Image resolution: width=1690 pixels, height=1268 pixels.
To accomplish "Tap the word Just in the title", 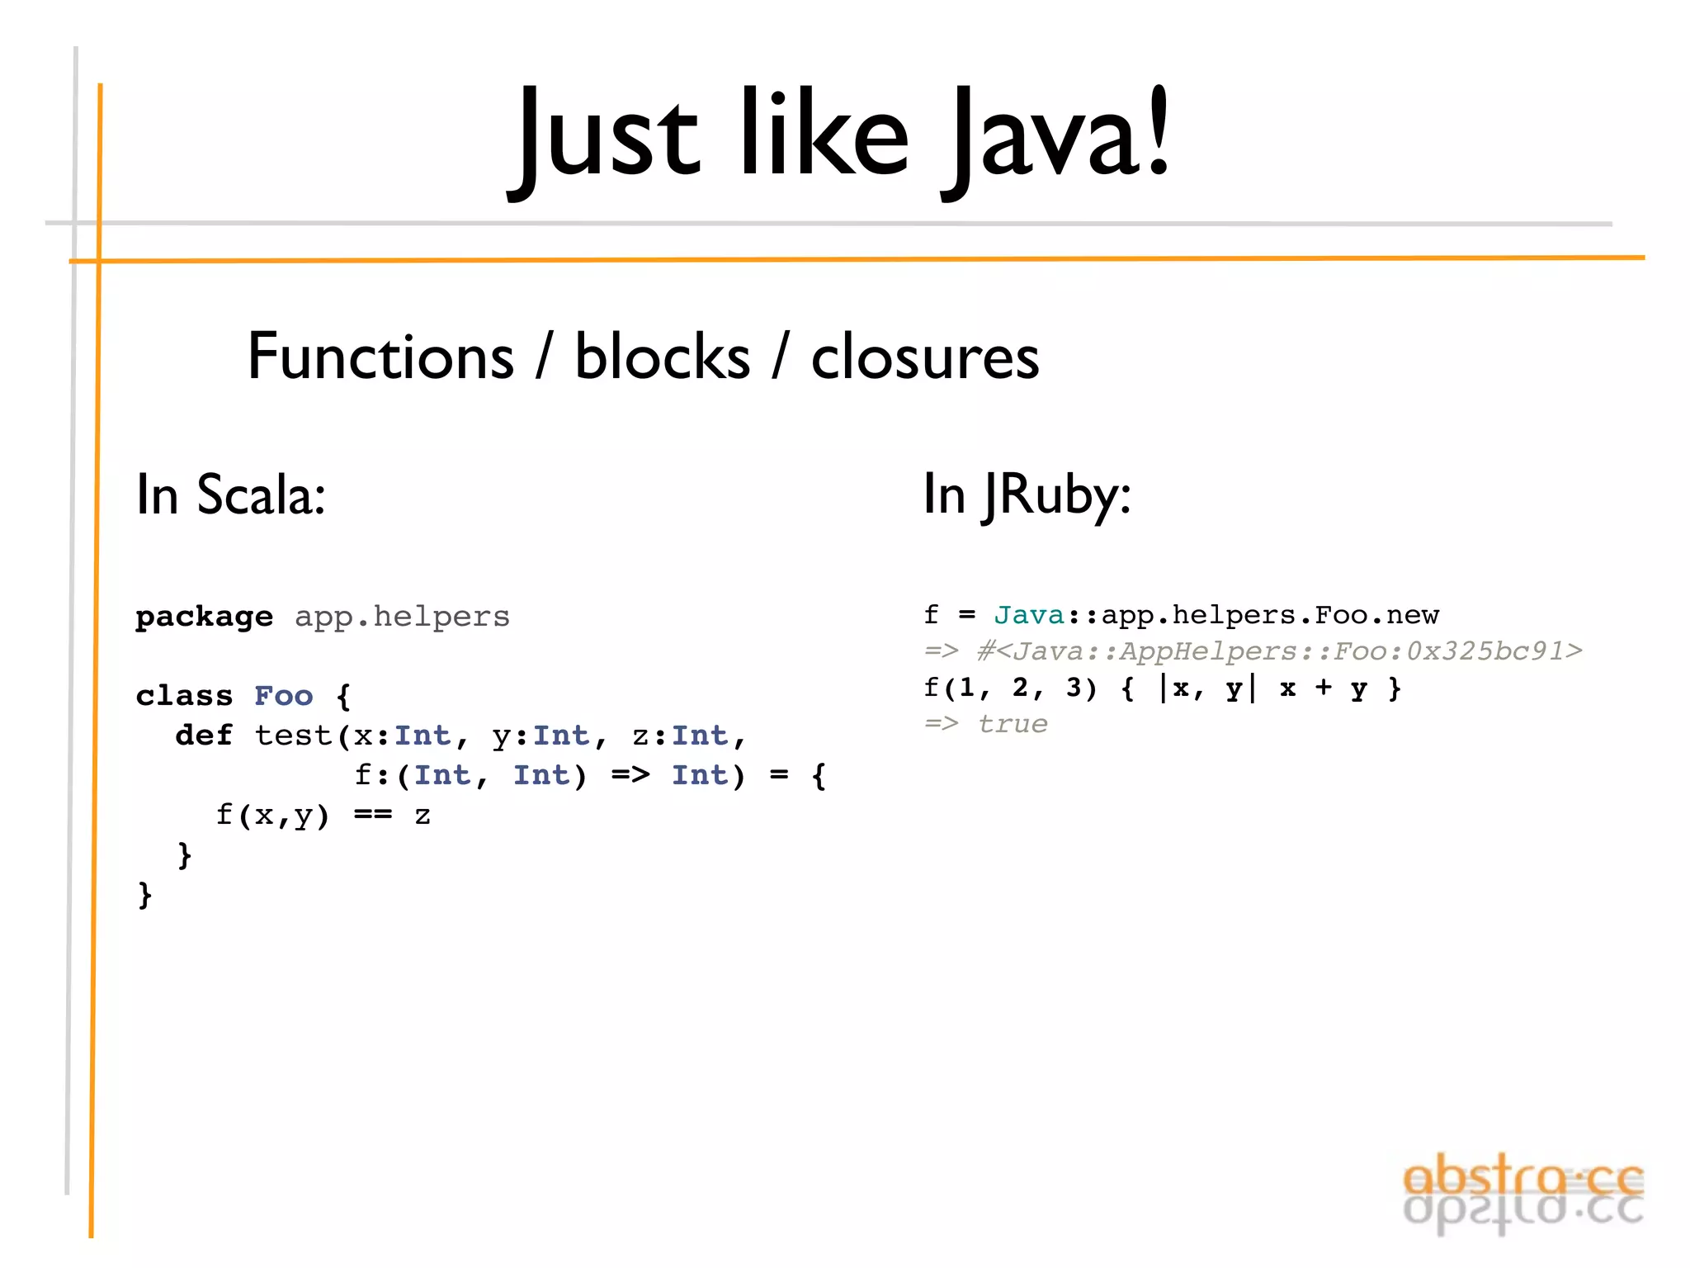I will click(607, 136).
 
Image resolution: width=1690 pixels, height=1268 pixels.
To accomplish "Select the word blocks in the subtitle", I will click(663, 357).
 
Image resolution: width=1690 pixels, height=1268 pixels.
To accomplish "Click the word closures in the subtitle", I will click(925, 357).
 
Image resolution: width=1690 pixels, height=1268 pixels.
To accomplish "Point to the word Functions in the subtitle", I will click(380, 357).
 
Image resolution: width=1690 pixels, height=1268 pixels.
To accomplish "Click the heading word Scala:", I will click(261, 494).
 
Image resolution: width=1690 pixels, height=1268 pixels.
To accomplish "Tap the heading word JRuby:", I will click(1057, 494).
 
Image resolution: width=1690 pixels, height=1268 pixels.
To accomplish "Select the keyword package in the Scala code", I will click(204, 617).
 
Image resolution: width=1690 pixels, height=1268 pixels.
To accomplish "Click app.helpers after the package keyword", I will click(402, 617).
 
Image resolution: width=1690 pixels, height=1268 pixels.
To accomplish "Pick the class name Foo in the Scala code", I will click(283, 696).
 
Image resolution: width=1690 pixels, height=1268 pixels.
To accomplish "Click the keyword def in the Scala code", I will click(204, 735).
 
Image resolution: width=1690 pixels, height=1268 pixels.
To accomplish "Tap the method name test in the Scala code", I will click(293, 735).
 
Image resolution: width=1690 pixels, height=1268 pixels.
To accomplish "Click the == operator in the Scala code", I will click(373, 816).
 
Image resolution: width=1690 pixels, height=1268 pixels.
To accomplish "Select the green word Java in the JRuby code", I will click(1029, 615).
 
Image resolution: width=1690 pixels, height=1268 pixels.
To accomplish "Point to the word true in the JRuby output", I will click(1013, 724).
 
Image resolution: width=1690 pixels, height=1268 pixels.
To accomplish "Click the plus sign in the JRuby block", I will click(1324, 687).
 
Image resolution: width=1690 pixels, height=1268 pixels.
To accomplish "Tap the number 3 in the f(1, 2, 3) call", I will click(1073, 687).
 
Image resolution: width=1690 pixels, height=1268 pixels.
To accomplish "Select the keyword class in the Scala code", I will click(184, 696).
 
